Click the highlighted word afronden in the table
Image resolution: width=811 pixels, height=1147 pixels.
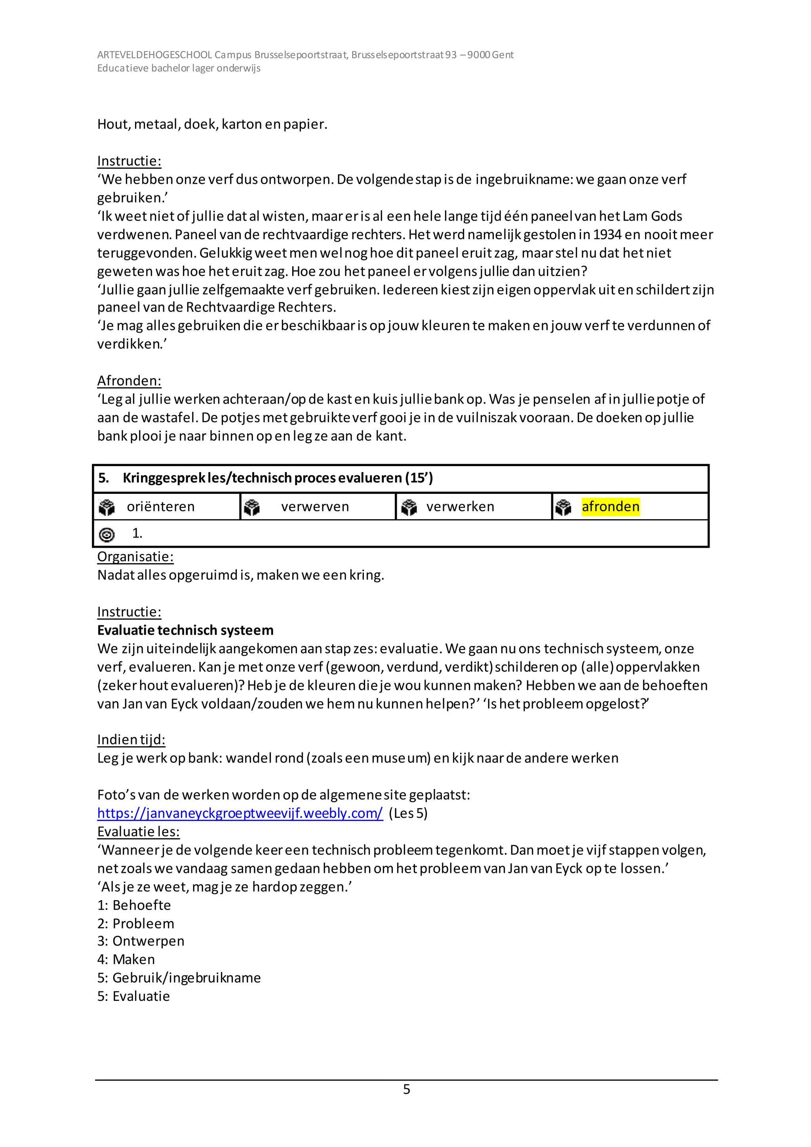tap(610, 507)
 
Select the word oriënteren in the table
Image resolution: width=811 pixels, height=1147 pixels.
tap(160, 507)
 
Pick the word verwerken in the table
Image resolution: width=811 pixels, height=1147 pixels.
tap(460, 507)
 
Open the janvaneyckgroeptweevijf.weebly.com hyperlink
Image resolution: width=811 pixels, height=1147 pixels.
tap(240, 813)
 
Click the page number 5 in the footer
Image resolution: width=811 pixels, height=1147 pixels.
tap(407, 1089)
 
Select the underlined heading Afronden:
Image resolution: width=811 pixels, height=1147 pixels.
tap(129, 381)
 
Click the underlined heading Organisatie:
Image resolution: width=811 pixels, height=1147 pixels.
tap(135, 556)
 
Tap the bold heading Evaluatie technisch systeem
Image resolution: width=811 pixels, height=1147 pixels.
tap(185, 630)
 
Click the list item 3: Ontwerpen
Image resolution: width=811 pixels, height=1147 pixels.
tap(141, 941)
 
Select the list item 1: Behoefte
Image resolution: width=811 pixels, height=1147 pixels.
tap(134, 905)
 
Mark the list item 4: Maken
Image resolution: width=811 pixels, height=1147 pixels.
tap(126, 959)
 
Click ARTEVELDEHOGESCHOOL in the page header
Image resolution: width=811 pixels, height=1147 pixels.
tap(155, 55)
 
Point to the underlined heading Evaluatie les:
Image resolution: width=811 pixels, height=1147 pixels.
tap(138, 831)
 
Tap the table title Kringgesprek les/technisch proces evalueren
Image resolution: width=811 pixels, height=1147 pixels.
tap(277, 478)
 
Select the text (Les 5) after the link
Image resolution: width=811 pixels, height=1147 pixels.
tap(408, 813)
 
